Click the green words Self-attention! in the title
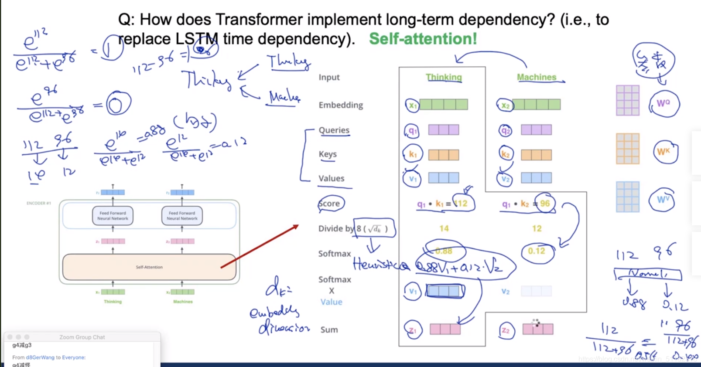point(423,39)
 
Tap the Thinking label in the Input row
point(444,77)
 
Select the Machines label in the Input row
point(537,77)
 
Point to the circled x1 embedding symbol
point(412,105)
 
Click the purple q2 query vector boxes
point(536,130)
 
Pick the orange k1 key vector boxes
point(443,155)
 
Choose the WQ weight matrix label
point(663,103)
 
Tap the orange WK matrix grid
point(627,149)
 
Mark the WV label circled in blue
point(663,200)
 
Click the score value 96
point(545,204)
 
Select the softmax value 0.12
point(536,251)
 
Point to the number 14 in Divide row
point(444,228)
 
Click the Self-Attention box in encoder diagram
point(149,267)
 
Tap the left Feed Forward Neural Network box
point(113,216)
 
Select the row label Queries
point(334,130)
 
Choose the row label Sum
point(329,330)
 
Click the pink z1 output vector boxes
point(445,329)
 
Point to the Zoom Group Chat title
point(82,337)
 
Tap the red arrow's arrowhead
point(296,226)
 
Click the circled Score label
point(330,204)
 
